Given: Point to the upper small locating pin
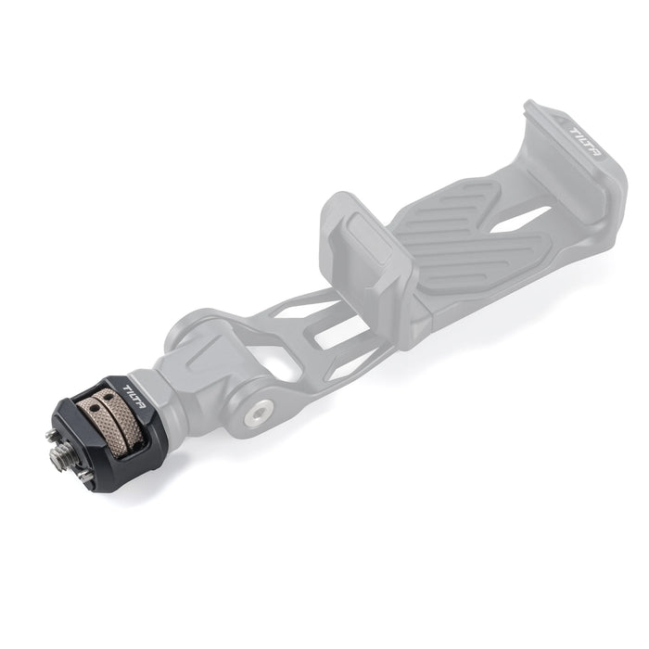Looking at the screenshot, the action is pos(50,434).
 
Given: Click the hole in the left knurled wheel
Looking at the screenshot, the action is pos(95,408).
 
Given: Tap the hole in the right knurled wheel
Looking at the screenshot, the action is pos(109,398).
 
